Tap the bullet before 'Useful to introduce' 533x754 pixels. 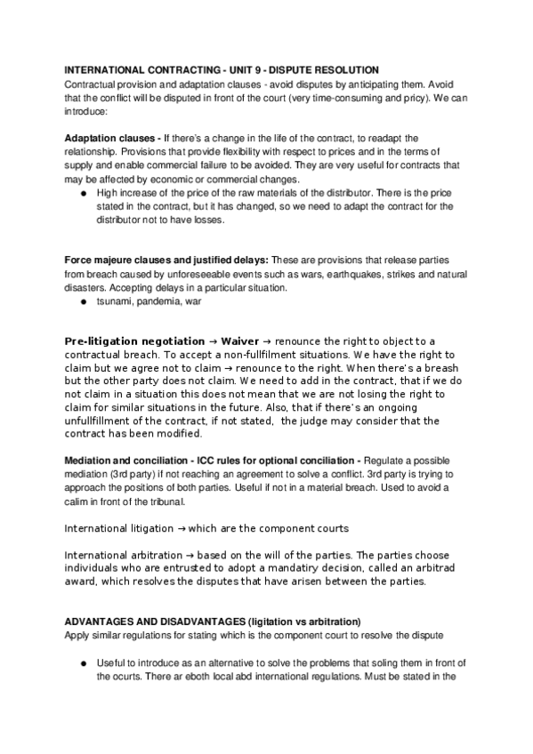(83, 662)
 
